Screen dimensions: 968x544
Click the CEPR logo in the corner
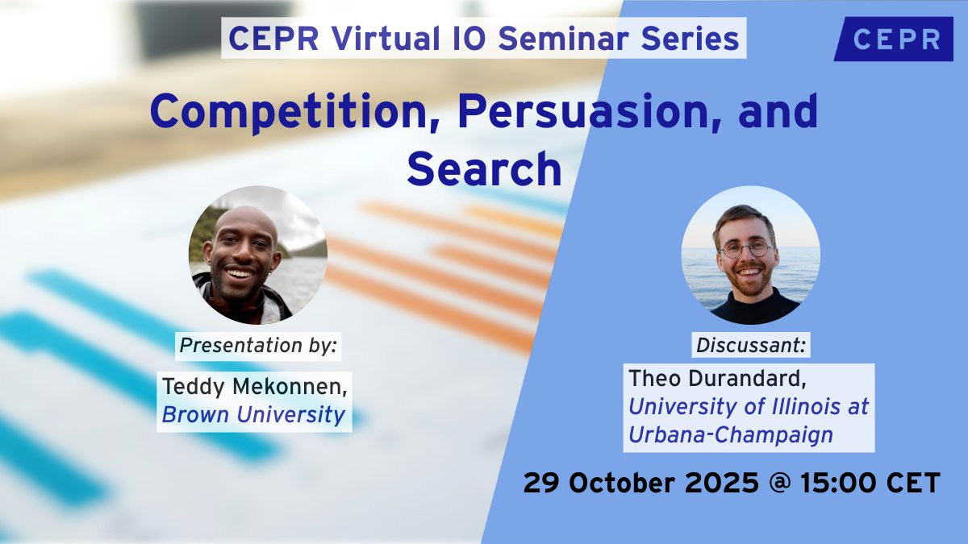pos(895,39)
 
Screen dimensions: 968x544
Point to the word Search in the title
pos(484,168)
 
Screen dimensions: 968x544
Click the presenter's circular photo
pos(257,255)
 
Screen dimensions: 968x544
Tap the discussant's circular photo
pos(751,255)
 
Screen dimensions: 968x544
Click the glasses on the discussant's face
pos(745,250)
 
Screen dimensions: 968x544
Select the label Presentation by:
pos(258,346)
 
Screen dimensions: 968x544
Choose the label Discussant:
pos(751,346)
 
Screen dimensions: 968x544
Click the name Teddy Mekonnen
pos(255,386)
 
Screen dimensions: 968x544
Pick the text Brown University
pos(253,415)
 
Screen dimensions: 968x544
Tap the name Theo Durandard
pos(717,379)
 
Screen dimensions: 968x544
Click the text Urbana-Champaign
pos(731,435)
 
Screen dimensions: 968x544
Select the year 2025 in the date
pos(722,483)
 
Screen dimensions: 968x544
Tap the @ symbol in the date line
pos(779,483)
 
